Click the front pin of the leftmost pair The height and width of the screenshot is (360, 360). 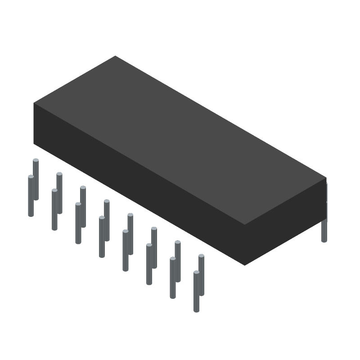(31, 198)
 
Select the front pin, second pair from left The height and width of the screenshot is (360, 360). (54, 211)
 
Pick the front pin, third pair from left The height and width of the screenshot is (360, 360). (78, 225)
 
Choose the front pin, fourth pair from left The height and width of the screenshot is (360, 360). (102, 238)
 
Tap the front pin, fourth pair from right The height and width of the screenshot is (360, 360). (125, 252)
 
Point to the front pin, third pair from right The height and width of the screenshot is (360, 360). (149, 265)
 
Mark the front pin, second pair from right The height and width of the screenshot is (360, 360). (172, 279)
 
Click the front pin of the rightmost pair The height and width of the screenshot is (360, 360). (196, 292)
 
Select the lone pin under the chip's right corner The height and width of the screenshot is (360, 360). (324, 232)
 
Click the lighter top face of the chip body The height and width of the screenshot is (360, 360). (180, 135)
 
